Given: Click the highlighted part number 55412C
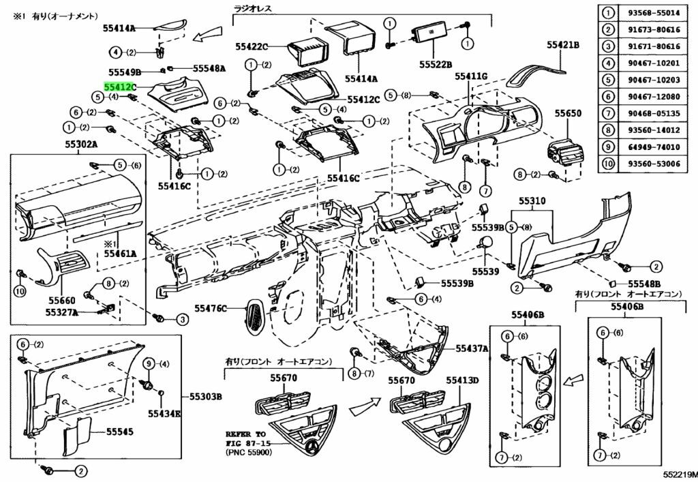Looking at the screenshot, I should (120, 87).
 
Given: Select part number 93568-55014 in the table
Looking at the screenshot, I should (655, 13).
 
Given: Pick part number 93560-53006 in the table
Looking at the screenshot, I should (655, 163).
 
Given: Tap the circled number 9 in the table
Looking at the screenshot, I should (606, 146).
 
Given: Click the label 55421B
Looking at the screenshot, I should (562, 45).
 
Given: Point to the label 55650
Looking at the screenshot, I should (567, 113).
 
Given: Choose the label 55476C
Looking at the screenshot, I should (211, 309).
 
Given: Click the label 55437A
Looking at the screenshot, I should (472, 348).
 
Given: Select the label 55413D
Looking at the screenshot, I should (463, 380).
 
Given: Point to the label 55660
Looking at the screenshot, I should (62, 299).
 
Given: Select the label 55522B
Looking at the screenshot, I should (436, 64).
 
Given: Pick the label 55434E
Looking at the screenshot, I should (166, 413).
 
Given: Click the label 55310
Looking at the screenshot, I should (532, 202).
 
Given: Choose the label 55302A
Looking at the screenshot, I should (81, 145).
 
